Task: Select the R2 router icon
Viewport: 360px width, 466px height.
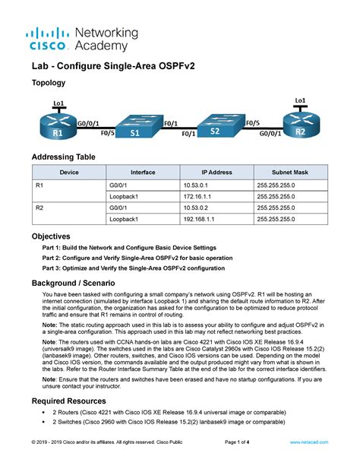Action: pos(300,125)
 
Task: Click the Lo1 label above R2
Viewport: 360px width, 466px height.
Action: pos(300,100)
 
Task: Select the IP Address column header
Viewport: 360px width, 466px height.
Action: pos(216,173)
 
